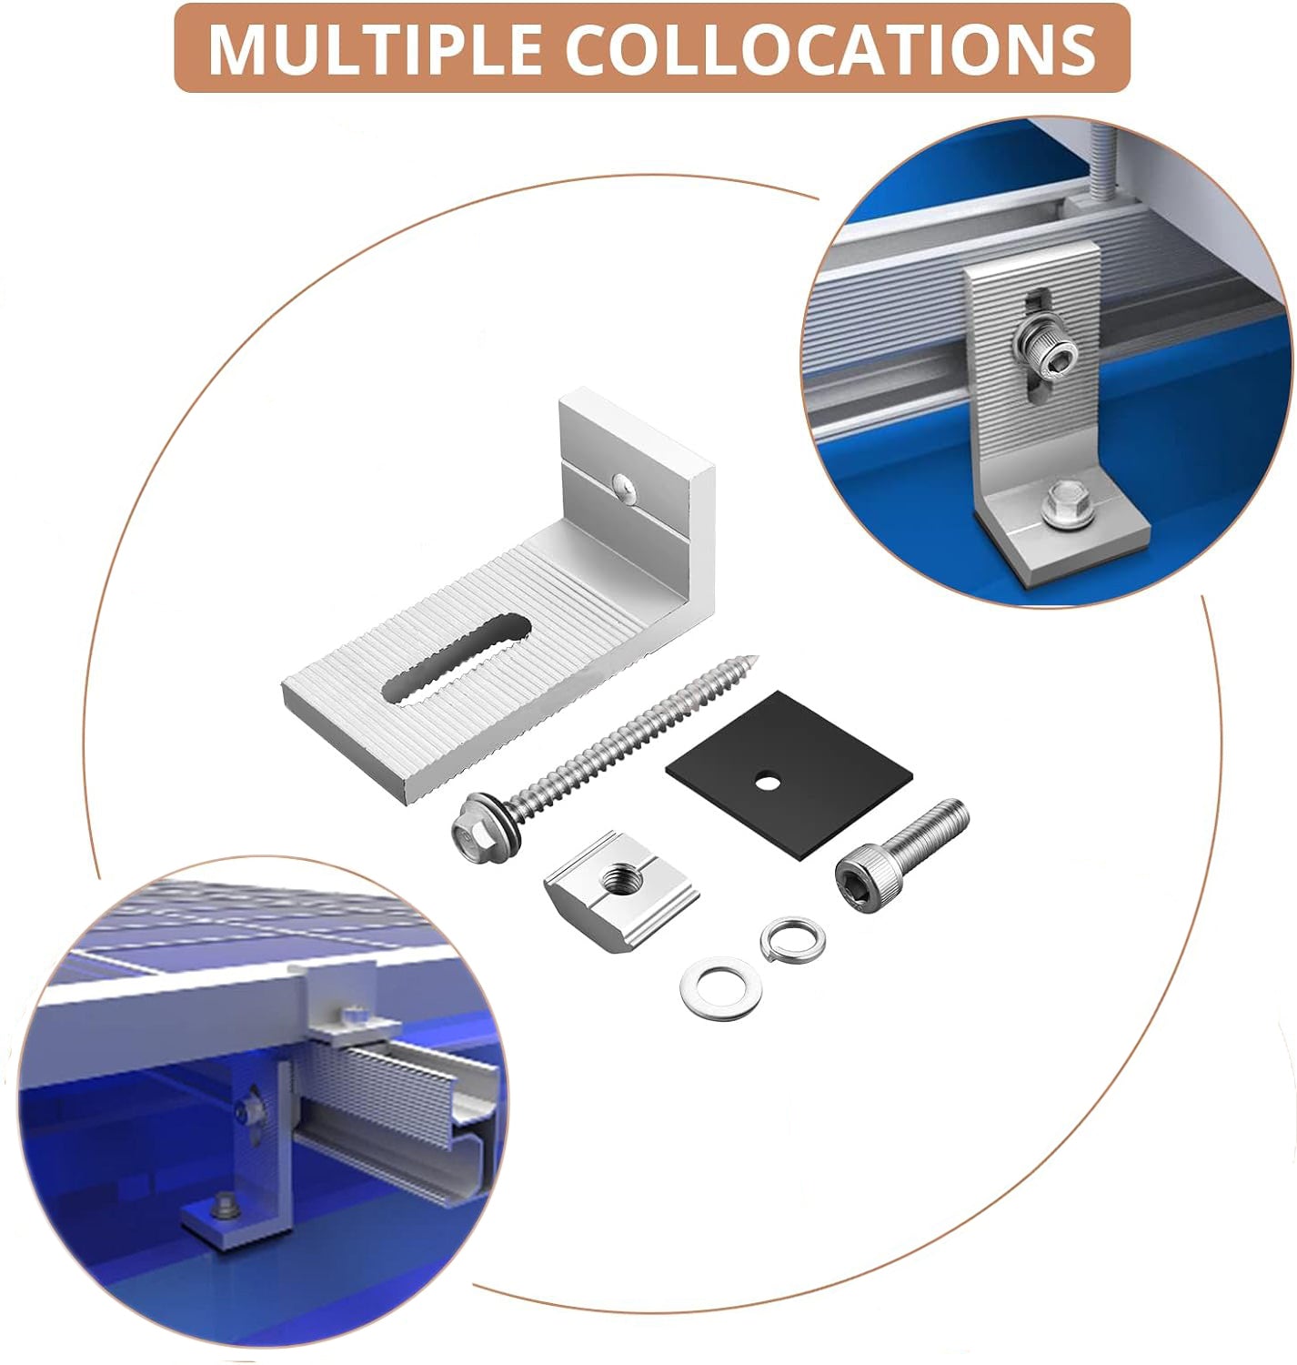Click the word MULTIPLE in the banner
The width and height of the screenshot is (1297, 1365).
[374, 48]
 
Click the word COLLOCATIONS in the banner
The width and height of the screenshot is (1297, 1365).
[830, 48]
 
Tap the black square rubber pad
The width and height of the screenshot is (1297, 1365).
[789, 774]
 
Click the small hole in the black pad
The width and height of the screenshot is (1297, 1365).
[766, 782]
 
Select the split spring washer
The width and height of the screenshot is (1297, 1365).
[792, 940]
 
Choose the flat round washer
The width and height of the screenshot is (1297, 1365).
[720, 988]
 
